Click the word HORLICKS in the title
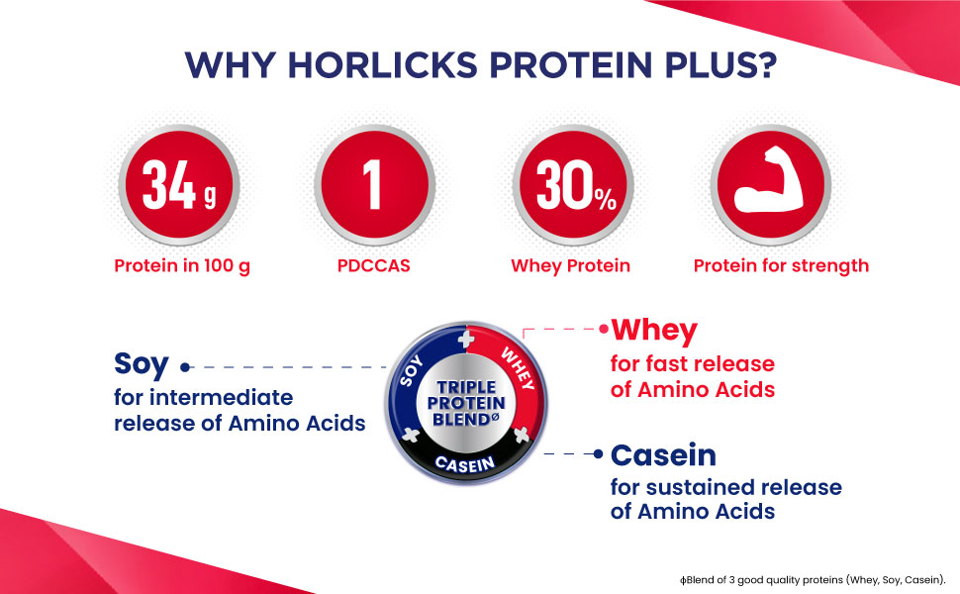[x=383, y=65]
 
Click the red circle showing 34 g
[x=179, y=184]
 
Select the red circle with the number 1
[x=374, y=184]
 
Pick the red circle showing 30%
[x=573, y=184]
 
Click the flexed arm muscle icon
[x=770, y=180]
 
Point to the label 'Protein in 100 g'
[x=182, y=266]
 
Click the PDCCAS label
[x=373, y=265]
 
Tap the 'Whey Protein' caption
[x=571, y=266]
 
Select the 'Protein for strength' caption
[x=781, y=266]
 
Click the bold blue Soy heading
[x=141, y=365]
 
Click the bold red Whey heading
[x=654, y=332]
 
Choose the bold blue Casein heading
[x=664, y=455]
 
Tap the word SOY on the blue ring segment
[x=412, y=370]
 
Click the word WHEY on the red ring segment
[x=518, y=368]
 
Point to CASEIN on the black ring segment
[x=465, y=464]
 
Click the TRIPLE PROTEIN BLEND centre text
[x=466, y=404]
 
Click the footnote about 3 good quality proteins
[x=814, y=580]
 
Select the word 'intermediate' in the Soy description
[x=222, y=397]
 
